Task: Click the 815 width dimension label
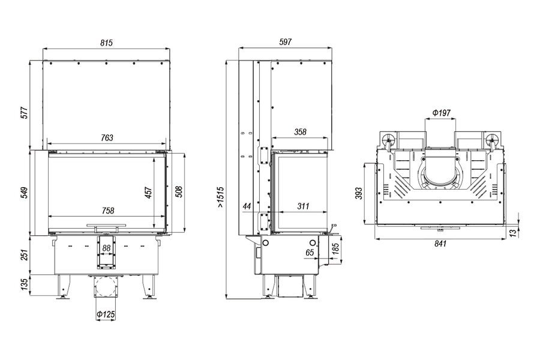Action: [106, 43]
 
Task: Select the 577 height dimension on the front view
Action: [25, 113]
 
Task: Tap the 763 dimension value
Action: [107, 137]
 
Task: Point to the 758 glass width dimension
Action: [108, 210]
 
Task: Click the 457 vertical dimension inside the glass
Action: [148, 193]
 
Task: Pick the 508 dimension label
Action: [179, 192]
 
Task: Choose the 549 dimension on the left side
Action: [25, 193]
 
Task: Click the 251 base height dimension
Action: [25, 255]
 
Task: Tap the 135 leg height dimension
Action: [25, 284]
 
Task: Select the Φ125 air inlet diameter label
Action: [106, 314]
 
